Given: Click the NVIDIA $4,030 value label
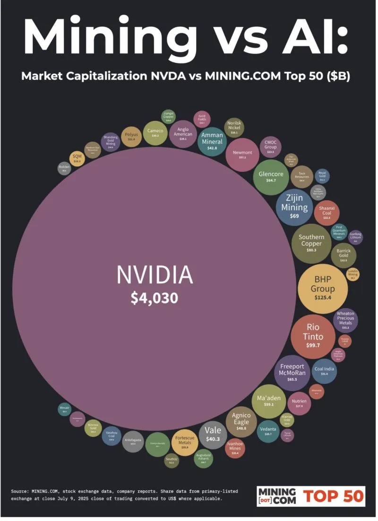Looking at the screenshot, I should click(x=155, y=298).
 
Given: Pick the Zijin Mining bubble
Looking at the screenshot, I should click(x=294, y=207).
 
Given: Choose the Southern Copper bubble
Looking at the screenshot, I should click(x=311, y=244).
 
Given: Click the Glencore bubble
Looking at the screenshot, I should click(x=271, y=177).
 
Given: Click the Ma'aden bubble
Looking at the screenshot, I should click(x=268, y=401).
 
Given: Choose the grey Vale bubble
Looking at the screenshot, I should click(x=213, y=435).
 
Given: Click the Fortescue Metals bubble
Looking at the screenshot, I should click(x=185, y=443).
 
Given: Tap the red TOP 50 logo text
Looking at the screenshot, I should click(x=334, y=495).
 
